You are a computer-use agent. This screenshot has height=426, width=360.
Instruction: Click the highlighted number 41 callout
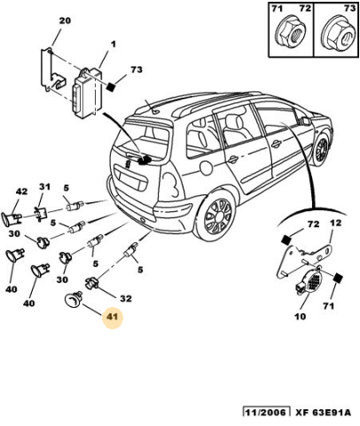113,317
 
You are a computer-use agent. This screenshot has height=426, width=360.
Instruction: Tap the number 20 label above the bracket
65,20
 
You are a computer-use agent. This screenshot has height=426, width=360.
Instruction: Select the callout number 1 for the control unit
113,44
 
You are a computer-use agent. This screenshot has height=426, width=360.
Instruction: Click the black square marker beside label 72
286,240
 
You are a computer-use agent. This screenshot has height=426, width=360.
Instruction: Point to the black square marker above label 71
337,278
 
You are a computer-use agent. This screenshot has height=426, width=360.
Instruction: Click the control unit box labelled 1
86,92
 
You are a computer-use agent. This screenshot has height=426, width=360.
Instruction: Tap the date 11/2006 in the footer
265,413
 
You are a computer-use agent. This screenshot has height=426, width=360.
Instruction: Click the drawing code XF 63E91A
323,413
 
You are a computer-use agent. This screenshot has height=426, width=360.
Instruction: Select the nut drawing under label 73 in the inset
337,32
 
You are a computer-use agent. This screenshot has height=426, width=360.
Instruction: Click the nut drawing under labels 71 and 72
291,32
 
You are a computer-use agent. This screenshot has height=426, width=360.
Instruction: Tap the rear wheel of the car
217,215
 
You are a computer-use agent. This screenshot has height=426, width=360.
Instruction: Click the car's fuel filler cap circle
207,167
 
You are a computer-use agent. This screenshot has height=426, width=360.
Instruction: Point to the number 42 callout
21,192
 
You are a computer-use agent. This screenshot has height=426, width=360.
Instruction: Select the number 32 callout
126,299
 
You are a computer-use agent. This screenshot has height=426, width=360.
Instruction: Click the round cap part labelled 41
72,299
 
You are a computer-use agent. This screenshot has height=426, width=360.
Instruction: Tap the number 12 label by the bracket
335,223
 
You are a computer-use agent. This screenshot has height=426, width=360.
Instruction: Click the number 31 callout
44,187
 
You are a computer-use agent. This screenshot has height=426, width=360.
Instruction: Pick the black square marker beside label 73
111,87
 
